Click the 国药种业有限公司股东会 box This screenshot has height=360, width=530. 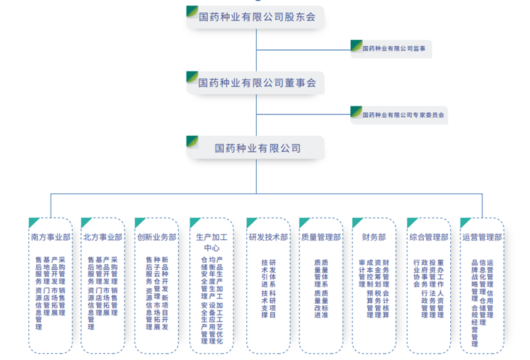point(257,18)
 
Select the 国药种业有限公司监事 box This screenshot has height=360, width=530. point(392,49)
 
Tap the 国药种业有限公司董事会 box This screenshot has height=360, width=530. point(257,82)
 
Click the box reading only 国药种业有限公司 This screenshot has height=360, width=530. point(257,147)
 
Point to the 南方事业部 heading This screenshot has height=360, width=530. point(50,238)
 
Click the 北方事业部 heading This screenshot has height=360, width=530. point(103,238)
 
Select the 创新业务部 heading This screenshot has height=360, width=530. point(157,238)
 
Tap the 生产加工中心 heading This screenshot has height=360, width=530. point(212,242)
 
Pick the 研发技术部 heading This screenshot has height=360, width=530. point(268,238)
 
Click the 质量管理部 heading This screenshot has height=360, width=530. point(320,238)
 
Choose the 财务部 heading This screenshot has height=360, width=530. point(374,238)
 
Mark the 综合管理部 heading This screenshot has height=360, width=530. point(429,238)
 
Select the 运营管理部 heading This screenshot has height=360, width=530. point(481,238)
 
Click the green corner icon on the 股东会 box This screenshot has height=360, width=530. point(193,11)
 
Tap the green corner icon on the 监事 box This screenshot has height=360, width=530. point(356,44)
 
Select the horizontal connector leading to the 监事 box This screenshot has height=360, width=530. point(304,50)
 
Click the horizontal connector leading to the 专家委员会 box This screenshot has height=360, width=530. point(304,115)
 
